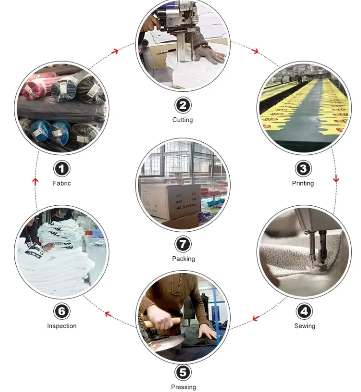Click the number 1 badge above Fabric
(x=62, y=169)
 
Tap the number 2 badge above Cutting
(x=183, y=105)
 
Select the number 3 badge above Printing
(x=303, y=169)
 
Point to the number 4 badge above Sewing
(x=304, y=311)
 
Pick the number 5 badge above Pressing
(x=183, y=372)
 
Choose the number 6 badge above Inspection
(x=62, y=311)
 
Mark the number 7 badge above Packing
(x=183, y=244)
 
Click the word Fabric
(x=62, y=183)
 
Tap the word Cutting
(x=183, y=120)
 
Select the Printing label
(x=303, y=183)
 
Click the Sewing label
(x=305, y=326)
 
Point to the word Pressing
(x=183, y=387)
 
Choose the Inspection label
(x=62, y=326)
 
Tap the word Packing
(x=183, y=259)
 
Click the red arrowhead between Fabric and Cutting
(x=115, y=51)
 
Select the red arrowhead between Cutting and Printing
(x=255, y=51)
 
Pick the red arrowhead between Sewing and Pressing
(x=255, y=318)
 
